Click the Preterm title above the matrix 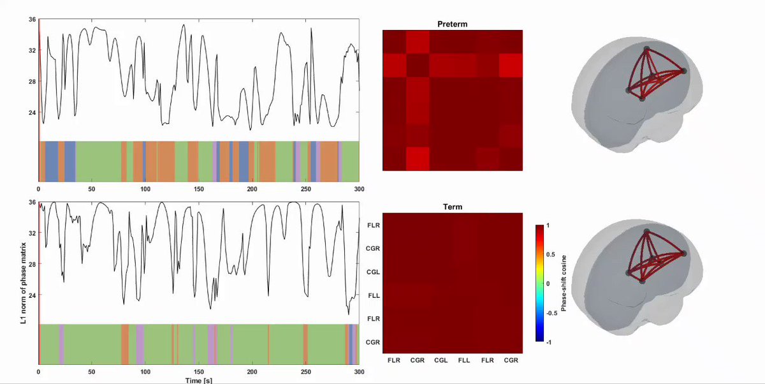coord(452,24)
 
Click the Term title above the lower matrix coord(453,207)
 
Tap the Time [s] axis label coord(199,380)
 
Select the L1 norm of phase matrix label coord(23,283)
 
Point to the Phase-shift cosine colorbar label coord(564,283)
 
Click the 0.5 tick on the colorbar coord(551,255)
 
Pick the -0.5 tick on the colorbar coord(551,313)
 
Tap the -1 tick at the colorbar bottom coord(548,343)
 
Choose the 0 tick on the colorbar coord(548,284)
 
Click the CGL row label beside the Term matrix coord(373,272)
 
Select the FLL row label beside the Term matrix coord(374,295)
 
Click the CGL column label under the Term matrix coord(441,360)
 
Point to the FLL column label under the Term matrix coord(464,360)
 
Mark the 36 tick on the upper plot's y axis coord(32,20)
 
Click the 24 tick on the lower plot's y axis coord(32,295)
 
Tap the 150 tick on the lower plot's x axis coord(199,372)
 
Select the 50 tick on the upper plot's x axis coord(92,189)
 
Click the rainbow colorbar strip coord(539,283)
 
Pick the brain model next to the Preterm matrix coord(637,94)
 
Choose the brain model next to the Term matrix coord(637,277)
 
